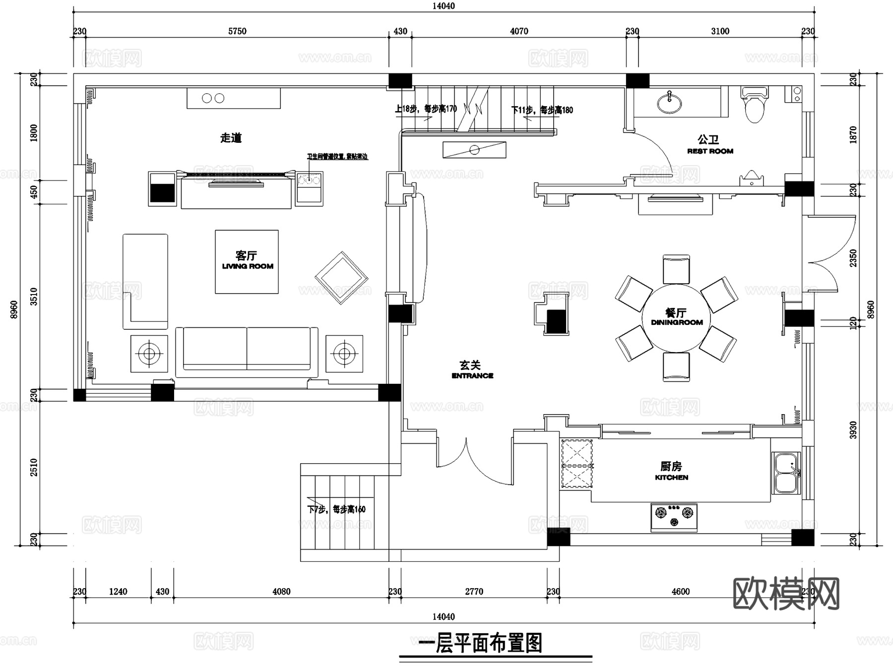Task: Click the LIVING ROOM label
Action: coord(248,266)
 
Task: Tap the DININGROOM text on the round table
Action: coord(677,322)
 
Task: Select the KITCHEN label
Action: coord(671,478)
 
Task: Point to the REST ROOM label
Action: coord(710,151)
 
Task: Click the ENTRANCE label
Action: coord(472,376)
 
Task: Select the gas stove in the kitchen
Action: coord(674,517)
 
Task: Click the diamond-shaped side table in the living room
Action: coord(341,278)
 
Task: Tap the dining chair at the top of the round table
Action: coord(676,269)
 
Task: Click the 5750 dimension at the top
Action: coord(237,31)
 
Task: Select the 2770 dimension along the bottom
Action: coord(474,592)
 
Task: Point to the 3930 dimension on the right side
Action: coord(853,430)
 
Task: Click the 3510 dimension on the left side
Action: coord(34,297)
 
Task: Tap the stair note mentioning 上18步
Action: coord(426,109)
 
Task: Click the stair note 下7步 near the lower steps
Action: coord(336,509)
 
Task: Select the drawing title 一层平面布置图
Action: coord(480,643)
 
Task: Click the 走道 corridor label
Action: coord(231,138)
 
